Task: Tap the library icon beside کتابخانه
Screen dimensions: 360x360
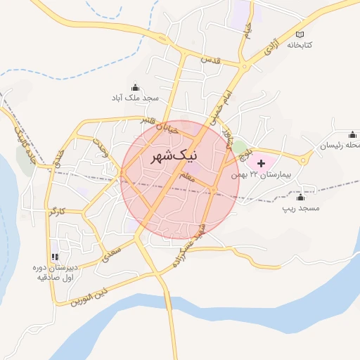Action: pos(301,34)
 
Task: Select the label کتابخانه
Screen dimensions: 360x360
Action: pos(312,45)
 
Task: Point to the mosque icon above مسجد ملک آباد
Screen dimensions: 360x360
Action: pos(135,88)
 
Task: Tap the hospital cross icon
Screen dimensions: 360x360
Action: pos(262,163)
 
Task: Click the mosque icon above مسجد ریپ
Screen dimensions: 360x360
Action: pos(302,196)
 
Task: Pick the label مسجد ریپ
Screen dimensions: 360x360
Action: pos(301,208)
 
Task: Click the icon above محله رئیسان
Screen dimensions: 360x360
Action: pos(352,134)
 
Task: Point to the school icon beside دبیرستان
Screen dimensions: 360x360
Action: pos(56,256)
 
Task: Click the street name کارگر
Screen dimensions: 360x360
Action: pos(58,210)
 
